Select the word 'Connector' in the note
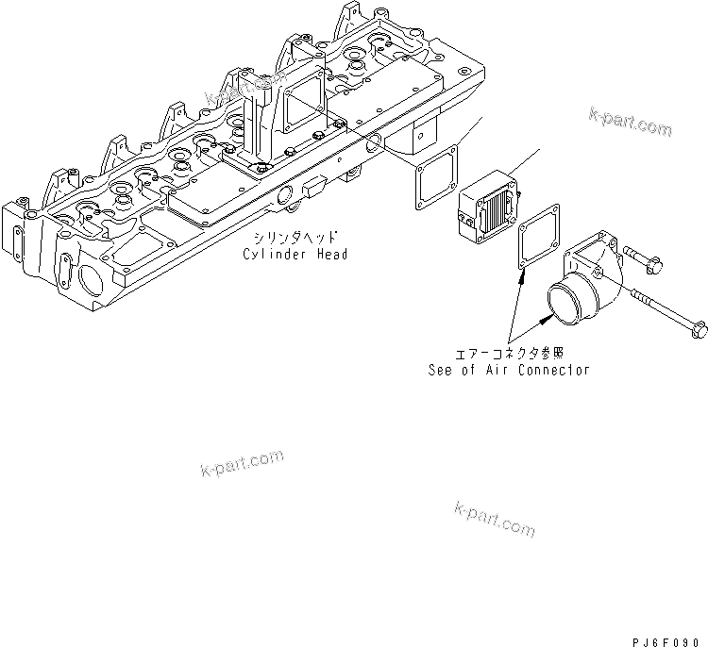tap(555, 370)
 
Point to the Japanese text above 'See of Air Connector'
tap(510, 355)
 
